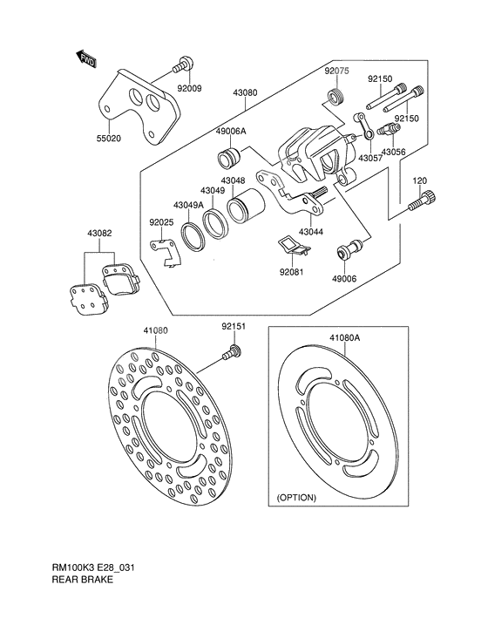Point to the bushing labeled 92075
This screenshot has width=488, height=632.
tap(334, 94)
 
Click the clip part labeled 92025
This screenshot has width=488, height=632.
tap(164, 252)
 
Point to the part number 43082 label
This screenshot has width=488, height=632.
tap(99, 234)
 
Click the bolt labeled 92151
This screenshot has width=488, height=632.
tap(232, 353)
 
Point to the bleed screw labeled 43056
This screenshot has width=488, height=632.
tap(388, 131)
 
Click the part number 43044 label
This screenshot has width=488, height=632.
tap(311, 233)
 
